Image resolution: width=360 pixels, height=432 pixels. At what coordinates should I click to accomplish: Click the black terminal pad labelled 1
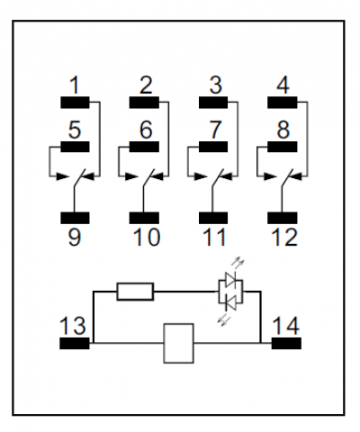[x=75, y=103]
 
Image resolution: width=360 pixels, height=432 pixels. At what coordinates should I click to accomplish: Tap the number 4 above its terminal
[x=283, y=85]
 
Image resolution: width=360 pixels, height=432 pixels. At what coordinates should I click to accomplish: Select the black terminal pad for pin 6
[x=144, y=147]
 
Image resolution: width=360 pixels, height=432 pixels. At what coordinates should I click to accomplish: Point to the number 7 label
[x=215, y=130]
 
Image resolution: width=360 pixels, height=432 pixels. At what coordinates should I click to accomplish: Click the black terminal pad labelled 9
[x=75, y=218]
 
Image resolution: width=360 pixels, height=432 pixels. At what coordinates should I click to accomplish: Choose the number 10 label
[x=147, y=238]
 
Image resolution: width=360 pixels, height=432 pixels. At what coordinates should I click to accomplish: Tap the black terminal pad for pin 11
[x=213, y=218]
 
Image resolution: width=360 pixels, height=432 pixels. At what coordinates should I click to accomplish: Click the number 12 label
[x=284, y=238]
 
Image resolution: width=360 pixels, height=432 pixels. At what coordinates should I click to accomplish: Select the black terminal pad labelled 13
[x=75, y=343]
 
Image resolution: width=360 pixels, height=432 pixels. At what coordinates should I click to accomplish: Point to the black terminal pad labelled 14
[x=286, y=343]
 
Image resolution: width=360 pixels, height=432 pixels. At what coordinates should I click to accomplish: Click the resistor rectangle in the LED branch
[x=135, y=292]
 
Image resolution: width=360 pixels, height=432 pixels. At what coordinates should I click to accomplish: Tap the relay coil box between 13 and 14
[x=178, y=344]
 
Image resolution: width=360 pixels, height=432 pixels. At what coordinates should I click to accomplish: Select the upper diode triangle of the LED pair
[x=230, y=279]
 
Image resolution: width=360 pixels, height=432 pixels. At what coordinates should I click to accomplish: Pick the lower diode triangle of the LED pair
[x=230, y=304]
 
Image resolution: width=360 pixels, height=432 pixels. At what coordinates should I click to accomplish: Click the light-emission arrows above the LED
[x=238, y=262]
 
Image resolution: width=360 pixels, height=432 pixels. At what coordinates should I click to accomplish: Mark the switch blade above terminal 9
[x=79, y=179]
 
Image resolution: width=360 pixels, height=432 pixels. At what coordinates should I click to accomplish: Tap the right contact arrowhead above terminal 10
[x=158, y=176]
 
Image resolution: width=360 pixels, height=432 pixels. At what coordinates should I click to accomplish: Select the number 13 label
[x=73, y=326]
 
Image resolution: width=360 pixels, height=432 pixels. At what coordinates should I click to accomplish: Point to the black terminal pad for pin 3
[x=213, y=103]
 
